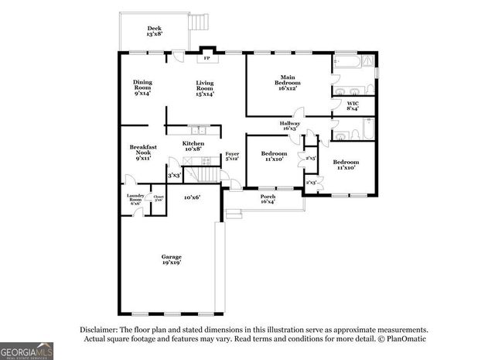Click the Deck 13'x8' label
point(154,31)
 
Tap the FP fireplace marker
point(207,58)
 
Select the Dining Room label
point(142,87)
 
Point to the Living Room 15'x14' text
point(204,87)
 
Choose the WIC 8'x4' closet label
point(353,105)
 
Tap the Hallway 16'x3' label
point(290,126)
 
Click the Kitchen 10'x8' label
point(193,146)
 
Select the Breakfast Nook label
point(143,152)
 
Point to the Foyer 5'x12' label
point(232,156)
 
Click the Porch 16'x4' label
point(268,198)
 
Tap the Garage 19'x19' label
point(171,260)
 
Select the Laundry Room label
point(135,198)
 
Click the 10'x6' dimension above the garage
point(193,197)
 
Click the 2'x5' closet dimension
point(311,158)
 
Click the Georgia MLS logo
point(26,350)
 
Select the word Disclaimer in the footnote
point(97,329)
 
